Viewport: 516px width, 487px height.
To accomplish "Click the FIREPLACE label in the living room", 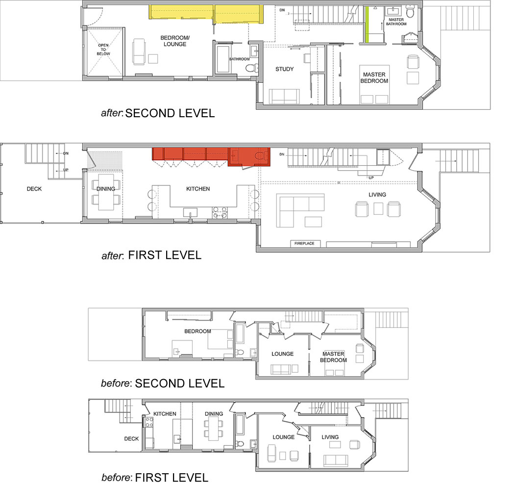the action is point(304,244).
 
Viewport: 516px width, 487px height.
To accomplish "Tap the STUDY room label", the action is point(285,69).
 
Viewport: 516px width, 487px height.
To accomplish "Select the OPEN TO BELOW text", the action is point(103,50).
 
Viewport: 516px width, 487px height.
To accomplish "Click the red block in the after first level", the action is point(211,156).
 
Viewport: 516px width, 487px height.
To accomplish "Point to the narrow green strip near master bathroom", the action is point(367,25).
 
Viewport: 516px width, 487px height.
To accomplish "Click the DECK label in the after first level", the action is point(34,189).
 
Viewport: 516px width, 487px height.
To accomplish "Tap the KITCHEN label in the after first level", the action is point(198,189).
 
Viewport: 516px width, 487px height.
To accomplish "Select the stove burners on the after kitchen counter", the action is point(220,212).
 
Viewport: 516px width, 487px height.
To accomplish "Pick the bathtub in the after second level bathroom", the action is point(223,59).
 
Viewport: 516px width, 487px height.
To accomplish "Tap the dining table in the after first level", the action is point(106,192).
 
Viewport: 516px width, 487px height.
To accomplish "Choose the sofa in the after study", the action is point(284,96).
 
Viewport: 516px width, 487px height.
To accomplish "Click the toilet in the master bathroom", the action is point(410,12).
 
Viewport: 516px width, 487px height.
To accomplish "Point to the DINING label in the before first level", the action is point(214,414).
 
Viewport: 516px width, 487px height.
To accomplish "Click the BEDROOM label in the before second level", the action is point(197,331).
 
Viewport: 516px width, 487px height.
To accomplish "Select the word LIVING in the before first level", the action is point(330,437).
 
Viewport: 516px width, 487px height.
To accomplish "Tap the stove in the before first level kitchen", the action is point(149,422).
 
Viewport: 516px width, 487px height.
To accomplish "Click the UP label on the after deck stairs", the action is point(66,170).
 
